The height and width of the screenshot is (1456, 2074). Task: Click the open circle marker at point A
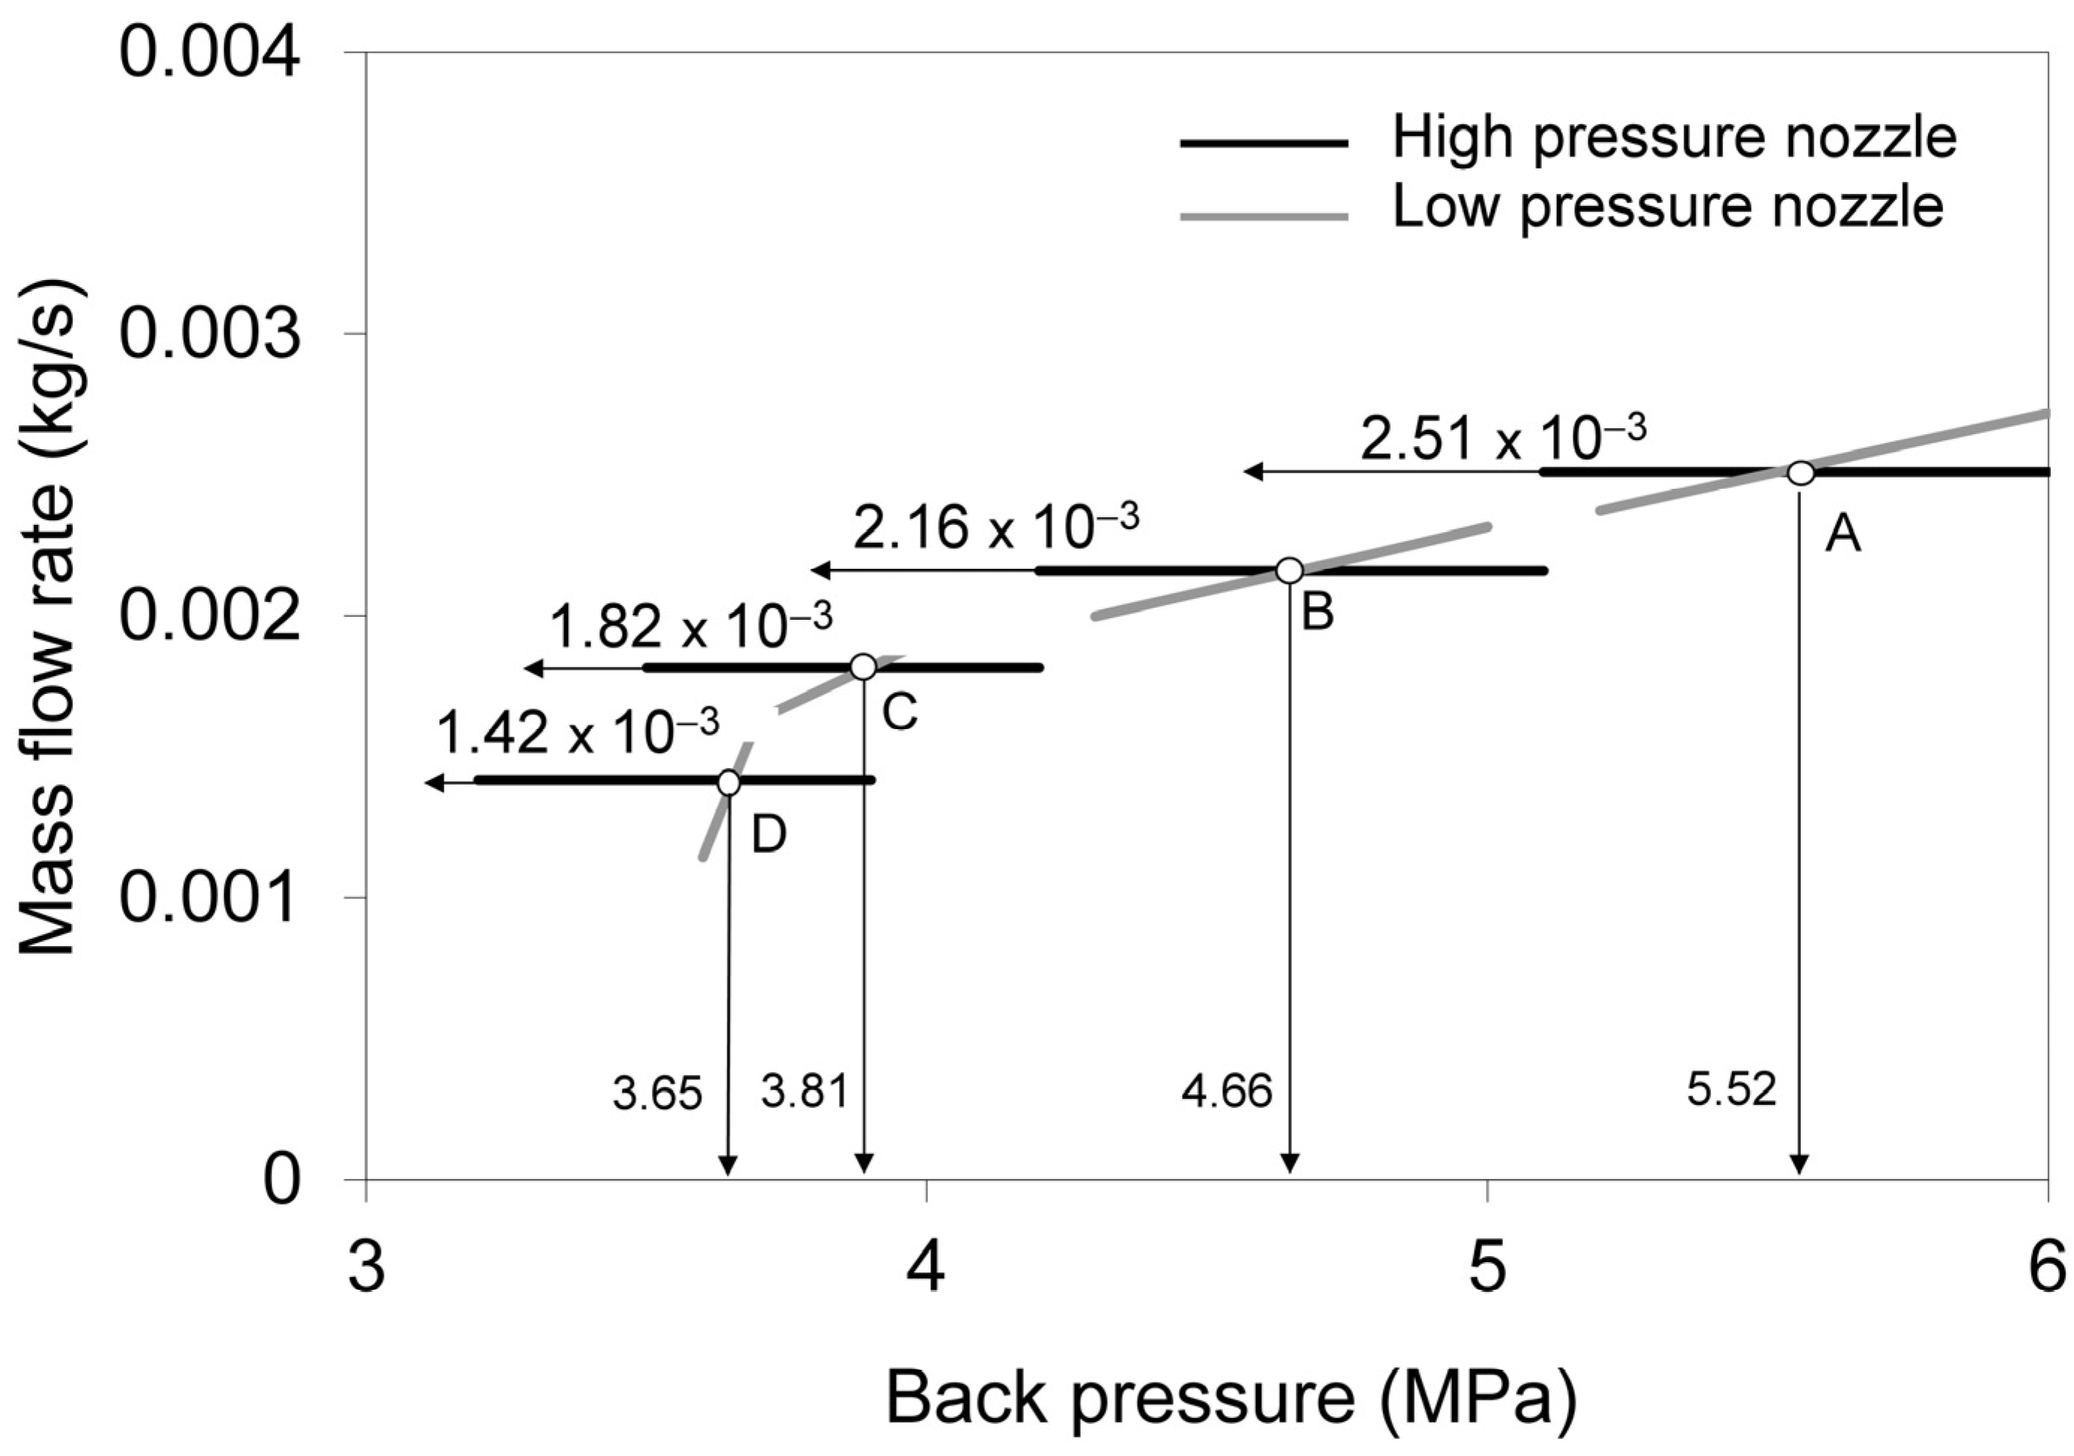(1800, 472)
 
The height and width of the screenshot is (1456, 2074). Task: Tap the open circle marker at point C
(864, 668)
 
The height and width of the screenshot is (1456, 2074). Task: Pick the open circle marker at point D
(729, 783)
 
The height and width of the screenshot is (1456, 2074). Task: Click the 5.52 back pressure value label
(1730, 1090)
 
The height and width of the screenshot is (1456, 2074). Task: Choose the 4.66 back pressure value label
(1227, 1092)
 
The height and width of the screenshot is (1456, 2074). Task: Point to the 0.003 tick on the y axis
(210, 333)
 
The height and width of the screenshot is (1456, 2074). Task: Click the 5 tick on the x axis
(1486, 1268)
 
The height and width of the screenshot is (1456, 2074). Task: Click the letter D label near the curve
(769, 835)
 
